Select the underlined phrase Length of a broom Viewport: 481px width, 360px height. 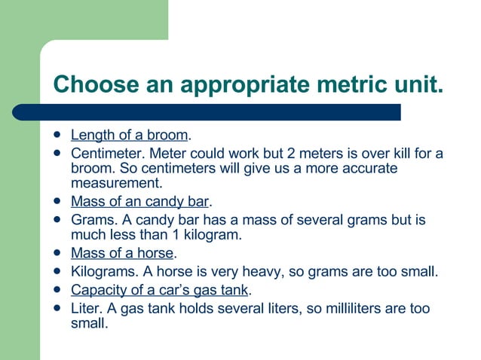click(129, 136)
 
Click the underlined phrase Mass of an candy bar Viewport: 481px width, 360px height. click(139, 202)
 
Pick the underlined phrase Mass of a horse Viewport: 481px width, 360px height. click(122, 253)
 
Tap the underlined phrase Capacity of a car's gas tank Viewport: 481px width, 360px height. click(159, 290)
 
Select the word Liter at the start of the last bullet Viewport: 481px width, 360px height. click(86, 308)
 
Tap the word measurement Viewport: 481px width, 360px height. click(116, 183)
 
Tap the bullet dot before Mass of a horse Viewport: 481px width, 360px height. click(57, 253)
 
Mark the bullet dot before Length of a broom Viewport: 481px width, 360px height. click(57, 136)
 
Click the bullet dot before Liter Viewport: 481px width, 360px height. click(57, 308)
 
